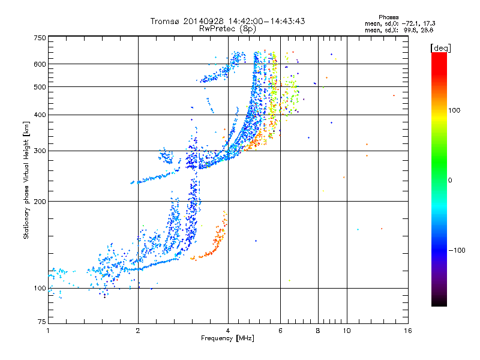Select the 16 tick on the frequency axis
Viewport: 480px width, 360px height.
407,331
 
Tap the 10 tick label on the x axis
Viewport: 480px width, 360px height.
346,331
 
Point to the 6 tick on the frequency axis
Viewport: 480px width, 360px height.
280,331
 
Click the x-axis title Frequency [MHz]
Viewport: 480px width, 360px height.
227,339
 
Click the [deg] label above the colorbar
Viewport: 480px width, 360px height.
441,47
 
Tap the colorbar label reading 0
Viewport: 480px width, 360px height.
451,180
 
